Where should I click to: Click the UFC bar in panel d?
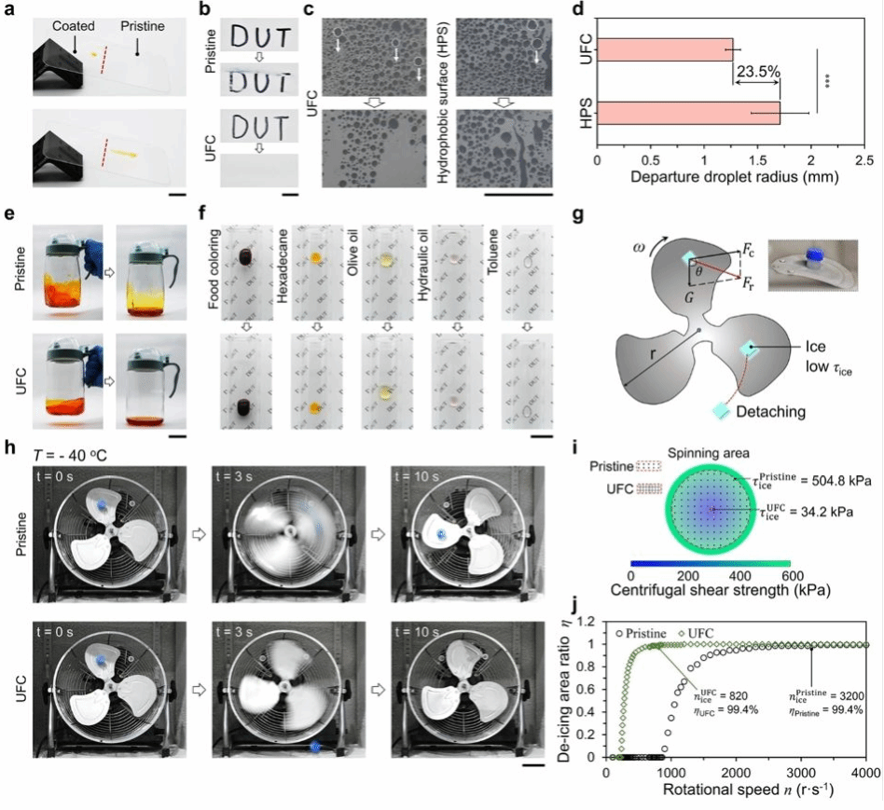pyautogui.click(x=664, y=49)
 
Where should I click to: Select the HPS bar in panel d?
pyautogui.click(x=687, y=112)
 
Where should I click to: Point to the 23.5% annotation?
pyautogui.click(x=757, y=69)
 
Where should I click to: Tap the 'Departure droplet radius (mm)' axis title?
pyautogui.click(x=731, y=174)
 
